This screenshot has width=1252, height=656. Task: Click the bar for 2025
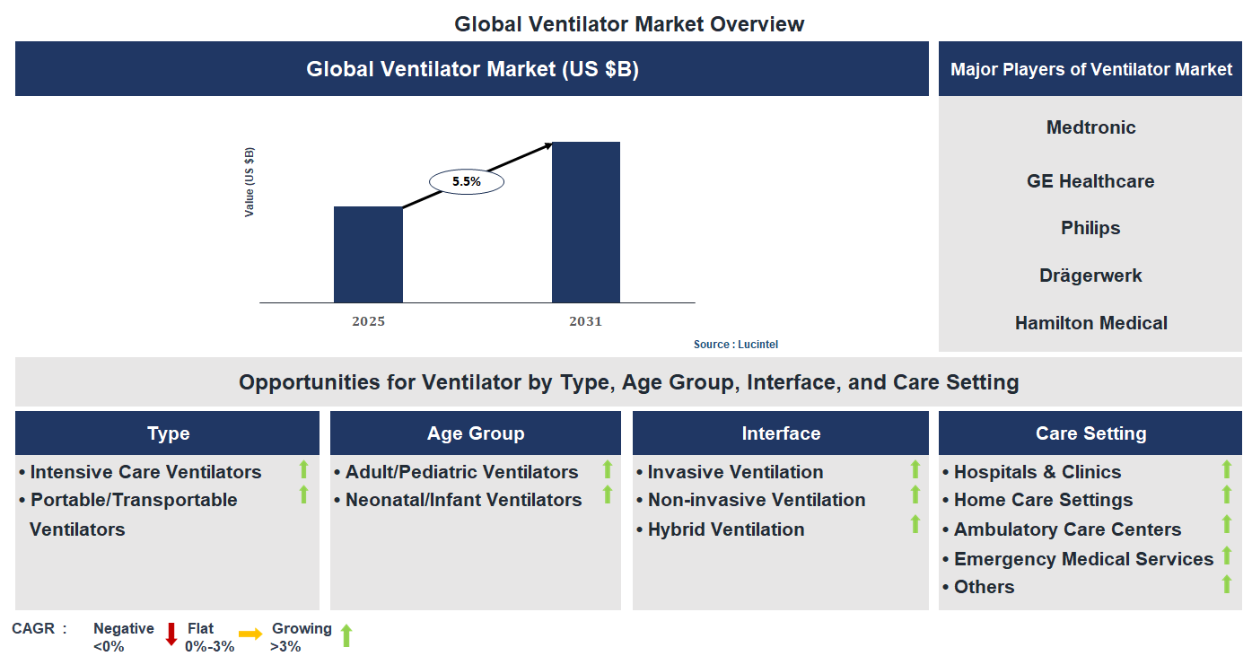368,255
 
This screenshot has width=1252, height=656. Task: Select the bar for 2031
585,223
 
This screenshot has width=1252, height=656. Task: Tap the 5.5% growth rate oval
467,181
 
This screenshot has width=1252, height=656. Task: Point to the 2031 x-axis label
585,321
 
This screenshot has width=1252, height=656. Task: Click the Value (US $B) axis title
250,181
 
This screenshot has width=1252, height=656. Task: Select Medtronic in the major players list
1090,127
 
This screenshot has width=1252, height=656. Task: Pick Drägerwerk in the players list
1090,276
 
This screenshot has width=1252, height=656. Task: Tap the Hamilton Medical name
1090,323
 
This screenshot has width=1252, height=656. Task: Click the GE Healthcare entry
1090,181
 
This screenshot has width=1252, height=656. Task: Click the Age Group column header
476,433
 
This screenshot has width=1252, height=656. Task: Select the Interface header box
780,433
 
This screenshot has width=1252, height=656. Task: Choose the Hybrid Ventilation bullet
725,529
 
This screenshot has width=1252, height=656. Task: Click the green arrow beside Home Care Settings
1227,494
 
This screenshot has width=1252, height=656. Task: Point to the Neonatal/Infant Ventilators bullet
463,500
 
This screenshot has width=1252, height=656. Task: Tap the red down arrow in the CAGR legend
171,634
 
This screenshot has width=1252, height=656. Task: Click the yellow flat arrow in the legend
250,634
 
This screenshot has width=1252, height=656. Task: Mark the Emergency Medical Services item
1082,559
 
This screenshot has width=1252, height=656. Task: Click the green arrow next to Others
1227,584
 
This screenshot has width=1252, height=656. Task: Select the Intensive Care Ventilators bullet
145,472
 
